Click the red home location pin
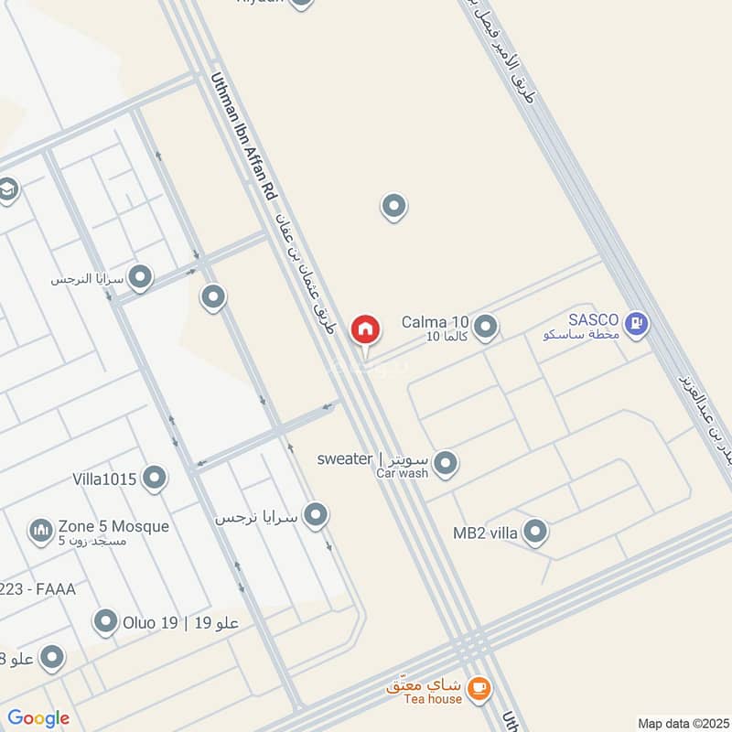(x=365, y=328)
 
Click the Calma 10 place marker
(x=486, y=326)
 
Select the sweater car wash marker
(x=446, y=463)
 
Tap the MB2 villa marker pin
(x=535, y=531)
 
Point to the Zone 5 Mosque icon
(x=40, y=529)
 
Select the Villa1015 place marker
(x=155, y=477)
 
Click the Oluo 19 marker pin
(x=106, y=622)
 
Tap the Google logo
(x=38, y=718)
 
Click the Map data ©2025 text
(x=682, y=723)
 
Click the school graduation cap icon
(x=9, y=189)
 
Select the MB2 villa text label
(x=485, y=533)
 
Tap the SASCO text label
(x=595, y=319)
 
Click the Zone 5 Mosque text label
(x=113, y=526)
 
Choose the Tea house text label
(x=433, y=699)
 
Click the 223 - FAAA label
(x=38, y=589)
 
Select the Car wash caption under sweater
(x=402, y=473)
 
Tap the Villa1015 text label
(x=104, y=478)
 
